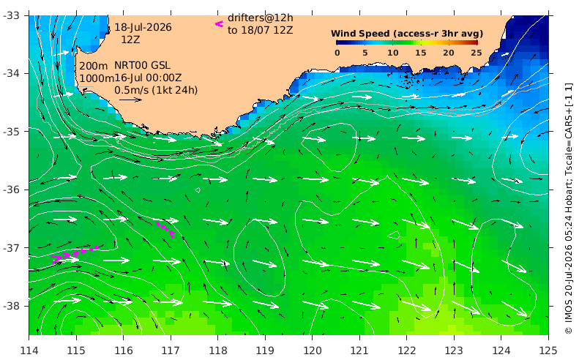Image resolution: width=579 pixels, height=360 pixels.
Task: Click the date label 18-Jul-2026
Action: coord(143,27)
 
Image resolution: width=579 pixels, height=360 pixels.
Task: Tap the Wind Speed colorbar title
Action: coord(407,34)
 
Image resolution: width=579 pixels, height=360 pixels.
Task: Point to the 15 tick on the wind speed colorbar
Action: coord(421,53)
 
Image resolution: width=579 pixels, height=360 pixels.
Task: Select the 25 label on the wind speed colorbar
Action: coord(477,53)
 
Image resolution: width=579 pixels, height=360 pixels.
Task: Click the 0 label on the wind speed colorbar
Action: coord(337,53)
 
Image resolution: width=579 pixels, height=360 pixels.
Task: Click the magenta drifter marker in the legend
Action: coord(220,24)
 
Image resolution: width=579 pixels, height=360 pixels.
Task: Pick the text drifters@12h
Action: coord(261,18)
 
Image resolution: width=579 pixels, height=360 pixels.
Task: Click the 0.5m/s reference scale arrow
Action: coord(131,100)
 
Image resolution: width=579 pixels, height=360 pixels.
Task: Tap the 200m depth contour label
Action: coord(94,66)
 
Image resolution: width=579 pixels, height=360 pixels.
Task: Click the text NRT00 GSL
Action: coord(142,65)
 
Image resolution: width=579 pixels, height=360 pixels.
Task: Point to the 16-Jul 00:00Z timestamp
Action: coord(148,78)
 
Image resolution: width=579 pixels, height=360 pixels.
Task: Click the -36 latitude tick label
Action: coord(11,190)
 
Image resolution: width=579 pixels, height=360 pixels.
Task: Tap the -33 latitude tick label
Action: coord(11,15)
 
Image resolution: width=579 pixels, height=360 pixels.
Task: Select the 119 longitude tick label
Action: coord(265,350)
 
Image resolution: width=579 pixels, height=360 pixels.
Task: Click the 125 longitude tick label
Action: coord(548,350)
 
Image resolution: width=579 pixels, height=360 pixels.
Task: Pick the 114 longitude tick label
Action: coord(29,350)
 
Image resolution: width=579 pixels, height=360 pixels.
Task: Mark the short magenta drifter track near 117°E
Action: coord(165,229)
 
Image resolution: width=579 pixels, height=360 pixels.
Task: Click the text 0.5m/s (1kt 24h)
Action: coord(156,90)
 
